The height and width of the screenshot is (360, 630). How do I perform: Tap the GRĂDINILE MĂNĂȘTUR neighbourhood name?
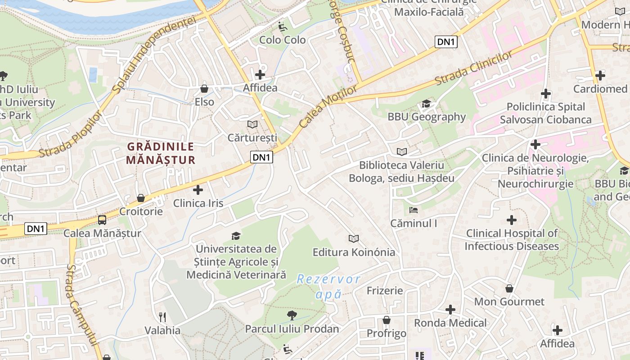pos(161,153)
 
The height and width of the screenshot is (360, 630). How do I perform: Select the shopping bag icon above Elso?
pos(204,89)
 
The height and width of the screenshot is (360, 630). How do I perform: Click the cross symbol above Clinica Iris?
pos(198,190)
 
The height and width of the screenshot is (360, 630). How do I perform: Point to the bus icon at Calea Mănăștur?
pos(102,220)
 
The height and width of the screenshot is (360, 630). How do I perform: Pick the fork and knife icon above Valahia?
pos(162,317)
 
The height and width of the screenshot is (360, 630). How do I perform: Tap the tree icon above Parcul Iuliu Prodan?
pos(292,315)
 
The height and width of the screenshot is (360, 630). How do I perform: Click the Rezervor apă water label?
pos(328,287)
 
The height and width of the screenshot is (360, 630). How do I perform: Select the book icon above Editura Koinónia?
pos(354,239)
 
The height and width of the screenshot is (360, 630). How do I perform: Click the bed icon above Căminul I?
pos(414,210)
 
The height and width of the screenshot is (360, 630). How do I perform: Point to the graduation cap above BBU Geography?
pos(426,104)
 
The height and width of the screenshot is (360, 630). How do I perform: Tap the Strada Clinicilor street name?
pos(474,69)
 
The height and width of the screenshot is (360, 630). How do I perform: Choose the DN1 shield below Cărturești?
pos(262,157)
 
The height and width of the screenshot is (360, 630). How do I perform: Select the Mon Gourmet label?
pos(509,301)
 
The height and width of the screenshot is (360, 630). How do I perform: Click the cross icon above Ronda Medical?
pos(450,310)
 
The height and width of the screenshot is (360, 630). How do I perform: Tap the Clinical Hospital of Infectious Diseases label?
pos(512,240)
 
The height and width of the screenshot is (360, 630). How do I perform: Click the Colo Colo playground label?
pos(283,40)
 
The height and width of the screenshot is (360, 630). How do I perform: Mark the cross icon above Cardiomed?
pos(600,76)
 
